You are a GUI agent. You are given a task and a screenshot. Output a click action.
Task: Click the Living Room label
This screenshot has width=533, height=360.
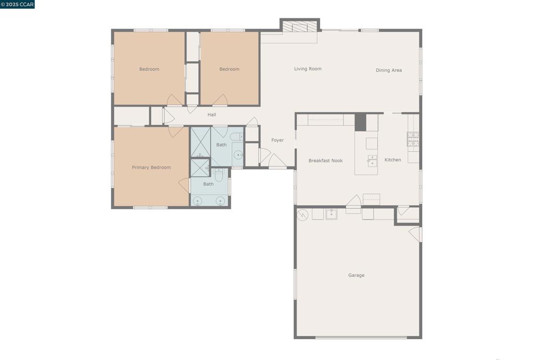click(308, 69)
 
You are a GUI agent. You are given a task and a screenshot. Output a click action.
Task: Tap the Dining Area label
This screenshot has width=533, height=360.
click(388, 70)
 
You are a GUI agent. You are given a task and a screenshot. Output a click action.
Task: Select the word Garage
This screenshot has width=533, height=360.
click(356, 275)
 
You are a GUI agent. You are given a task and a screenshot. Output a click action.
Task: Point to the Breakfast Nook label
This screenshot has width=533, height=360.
click(325, 161)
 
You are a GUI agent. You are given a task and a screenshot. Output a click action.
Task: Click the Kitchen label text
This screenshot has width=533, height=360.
click(392, 160)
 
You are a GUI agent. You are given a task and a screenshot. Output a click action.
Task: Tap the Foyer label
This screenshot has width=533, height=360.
click(277, 140)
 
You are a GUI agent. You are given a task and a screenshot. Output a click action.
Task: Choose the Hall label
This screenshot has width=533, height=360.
click(212, 114)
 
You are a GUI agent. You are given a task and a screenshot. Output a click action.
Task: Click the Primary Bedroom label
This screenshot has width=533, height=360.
click(151, 168)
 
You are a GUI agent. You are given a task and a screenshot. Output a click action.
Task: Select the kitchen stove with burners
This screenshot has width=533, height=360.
click(413, 139)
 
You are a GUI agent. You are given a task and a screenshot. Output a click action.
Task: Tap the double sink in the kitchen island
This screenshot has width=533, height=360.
click(372, 161)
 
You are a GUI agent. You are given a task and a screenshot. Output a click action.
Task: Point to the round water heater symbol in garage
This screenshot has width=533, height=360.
click(302, 215)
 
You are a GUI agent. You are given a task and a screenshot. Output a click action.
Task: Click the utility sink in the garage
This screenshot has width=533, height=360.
click(332, 214)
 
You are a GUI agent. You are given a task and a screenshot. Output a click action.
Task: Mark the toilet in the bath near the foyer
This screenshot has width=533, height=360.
click(236, 136)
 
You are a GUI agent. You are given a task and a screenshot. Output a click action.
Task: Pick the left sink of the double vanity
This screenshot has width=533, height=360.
click(197, 201)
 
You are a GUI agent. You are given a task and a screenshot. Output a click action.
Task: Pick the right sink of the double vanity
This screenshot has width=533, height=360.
click(220, 201)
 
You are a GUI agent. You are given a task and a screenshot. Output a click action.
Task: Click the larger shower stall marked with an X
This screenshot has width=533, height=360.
click(200, 142)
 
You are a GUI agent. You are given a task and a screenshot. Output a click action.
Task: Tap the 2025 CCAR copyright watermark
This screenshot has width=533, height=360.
click(17, 4)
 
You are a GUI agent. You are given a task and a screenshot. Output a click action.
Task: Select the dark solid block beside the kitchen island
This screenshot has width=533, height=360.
click(360, 122)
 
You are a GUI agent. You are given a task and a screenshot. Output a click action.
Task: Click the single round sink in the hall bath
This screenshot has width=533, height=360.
click(238, 155)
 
